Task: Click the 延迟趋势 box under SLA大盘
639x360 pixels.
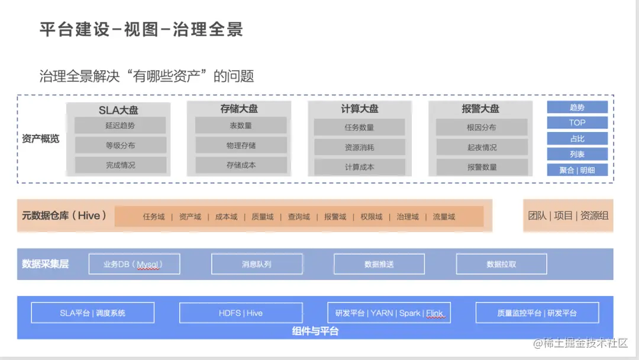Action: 120,126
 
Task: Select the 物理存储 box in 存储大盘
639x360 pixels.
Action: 241,146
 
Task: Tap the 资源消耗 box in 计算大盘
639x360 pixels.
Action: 360,147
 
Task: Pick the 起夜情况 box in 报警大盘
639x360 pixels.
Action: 482,147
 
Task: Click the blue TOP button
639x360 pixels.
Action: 577,123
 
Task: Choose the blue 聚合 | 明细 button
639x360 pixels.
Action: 577,170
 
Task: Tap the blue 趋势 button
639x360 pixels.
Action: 577,107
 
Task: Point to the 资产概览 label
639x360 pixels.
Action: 40,139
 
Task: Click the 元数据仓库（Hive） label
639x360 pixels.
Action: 64,216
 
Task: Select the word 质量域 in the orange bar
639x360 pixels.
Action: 263,217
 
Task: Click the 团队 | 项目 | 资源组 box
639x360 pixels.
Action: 568,216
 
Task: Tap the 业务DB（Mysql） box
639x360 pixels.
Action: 134,264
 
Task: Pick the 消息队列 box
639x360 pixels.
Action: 257,264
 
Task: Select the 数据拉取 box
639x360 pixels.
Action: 501,264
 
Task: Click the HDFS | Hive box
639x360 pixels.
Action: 241,313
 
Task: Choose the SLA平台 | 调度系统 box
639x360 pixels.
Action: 92,313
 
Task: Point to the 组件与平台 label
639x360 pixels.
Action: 315,331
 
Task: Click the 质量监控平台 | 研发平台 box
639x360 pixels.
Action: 537,313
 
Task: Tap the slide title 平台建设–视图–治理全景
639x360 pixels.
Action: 141,30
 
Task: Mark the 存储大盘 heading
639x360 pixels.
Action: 239,109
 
